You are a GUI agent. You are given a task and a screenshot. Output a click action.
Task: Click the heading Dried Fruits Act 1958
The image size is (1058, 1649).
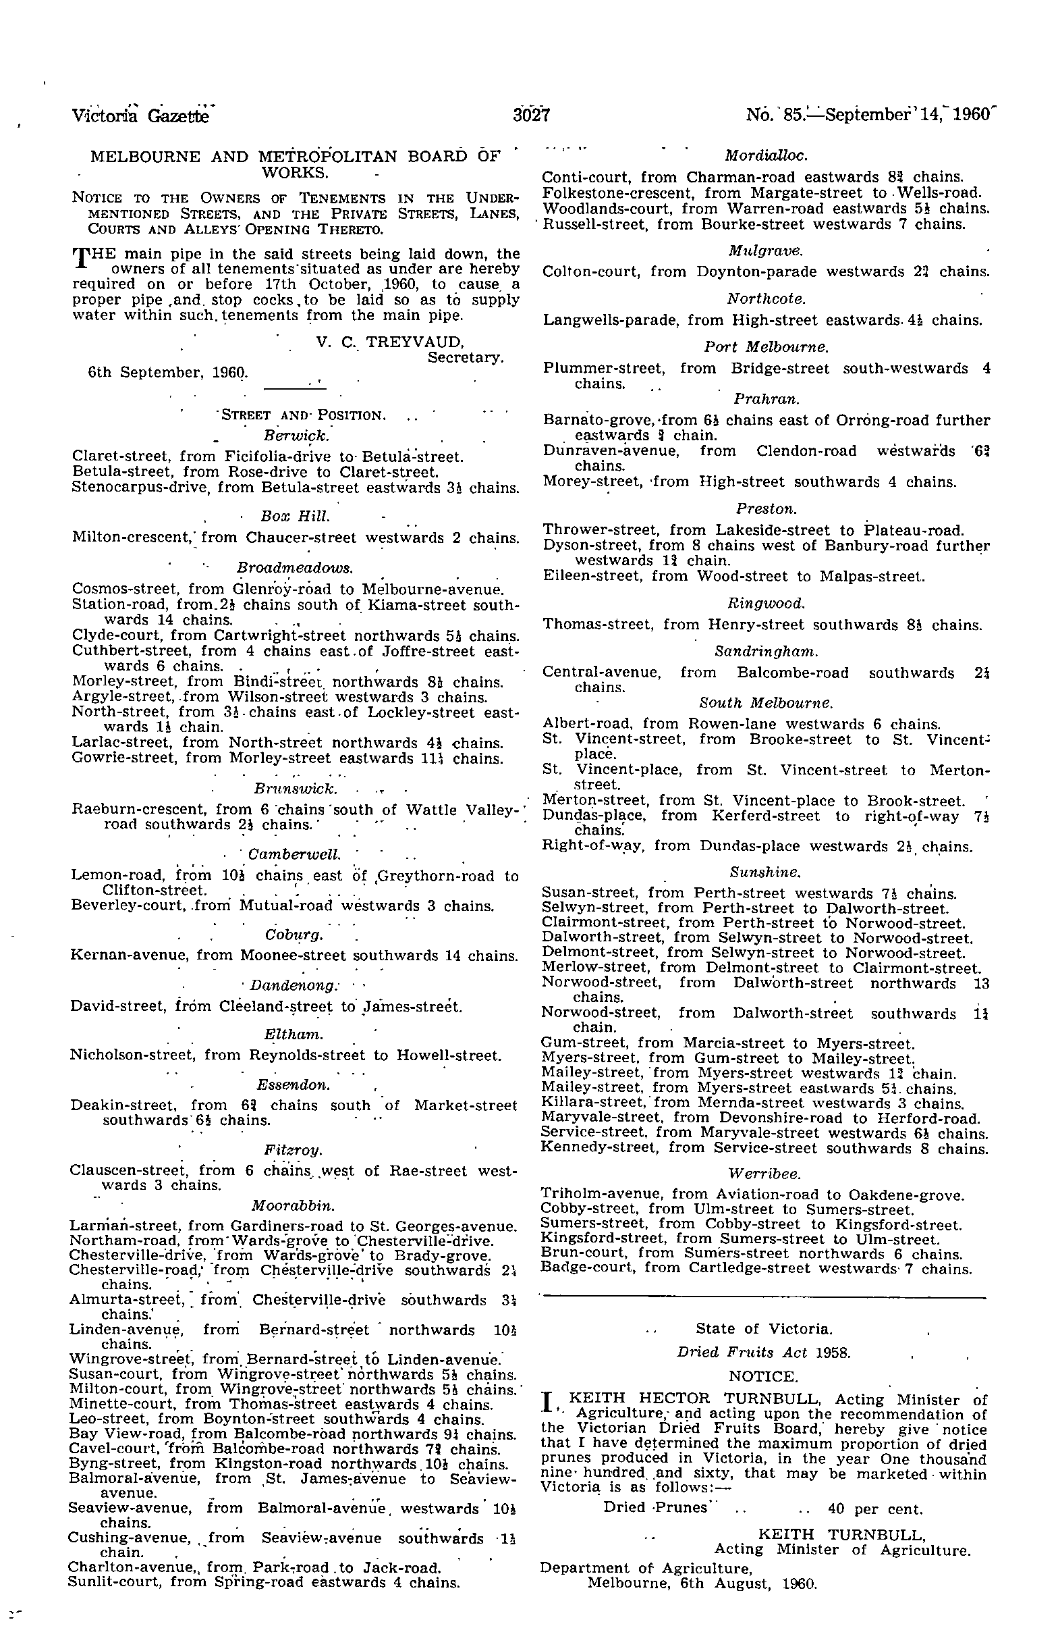tap(764, 1353)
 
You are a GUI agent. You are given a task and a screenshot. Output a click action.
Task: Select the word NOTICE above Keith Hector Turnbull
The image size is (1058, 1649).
tap(763, 1378)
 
